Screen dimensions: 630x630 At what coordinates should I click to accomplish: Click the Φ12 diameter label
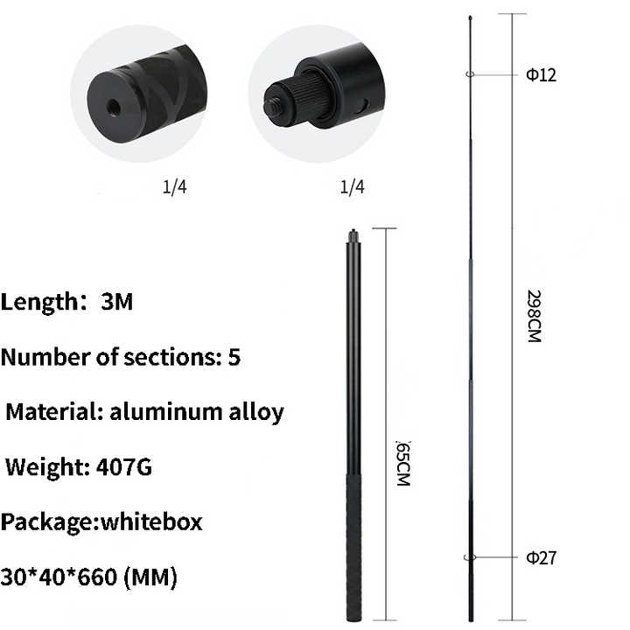point(542,75)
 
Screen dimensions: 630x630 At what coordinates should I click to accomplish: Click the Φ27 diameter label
point(542,557)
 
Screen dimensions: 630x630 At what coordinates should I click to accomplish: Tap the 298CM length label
point(534,316)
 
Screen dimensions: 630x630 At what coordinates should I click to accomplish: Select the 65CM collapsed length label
point(403,463)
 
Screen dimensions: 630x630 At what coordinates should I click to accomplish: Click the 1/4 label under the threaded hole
point(175,187)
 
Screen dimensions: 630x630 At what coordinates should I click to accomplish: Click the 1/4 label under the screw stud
point(352,187)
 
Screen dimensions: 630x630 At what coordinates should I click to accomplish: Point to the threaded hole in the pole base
point(113,108)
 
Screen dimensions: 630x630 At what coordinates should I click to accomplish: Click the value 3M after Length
point(116,301)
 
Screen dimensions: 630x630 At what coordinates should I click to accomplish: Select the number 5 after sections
point(234,356)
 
